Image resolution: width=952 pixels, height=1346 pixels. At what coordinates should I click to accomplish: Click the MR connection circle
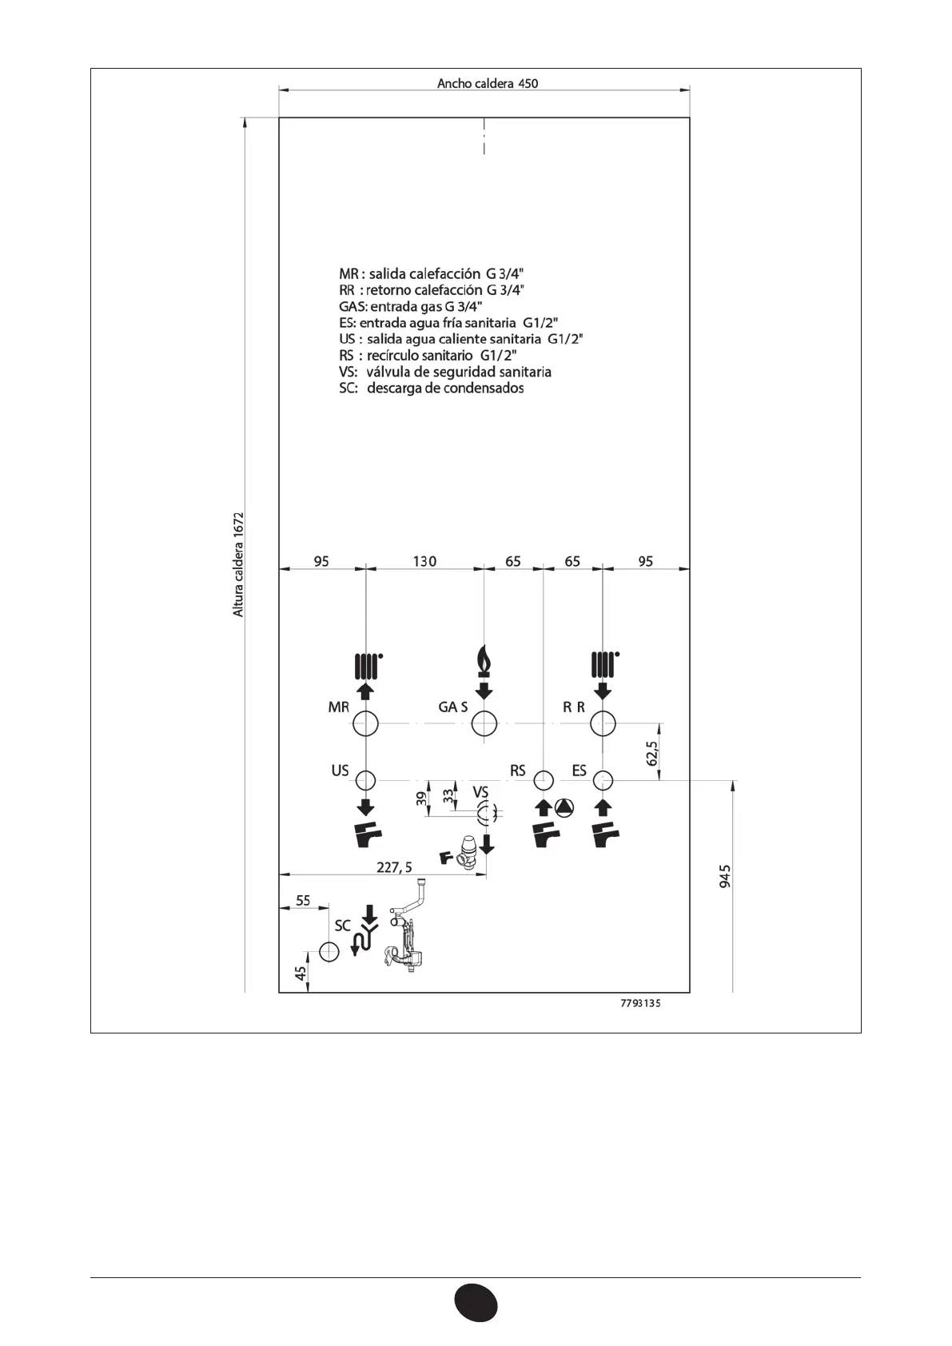click(366, 724)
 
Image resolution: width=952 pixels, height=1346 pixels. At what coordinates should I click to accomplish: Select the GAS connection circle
click(484, 724)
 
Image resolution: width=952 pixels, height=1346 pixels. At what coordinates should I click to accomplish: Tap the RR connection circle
click(603, 724)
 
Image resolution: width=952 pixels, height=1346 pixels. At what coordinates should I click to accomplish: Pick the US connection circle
click(366, 779)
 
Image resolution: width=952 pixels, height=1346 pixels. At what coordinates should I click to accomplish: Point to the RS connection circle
click(544, 779)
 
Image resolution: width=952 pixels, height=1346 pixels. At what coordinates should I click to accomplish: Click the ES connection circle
click(603, 779)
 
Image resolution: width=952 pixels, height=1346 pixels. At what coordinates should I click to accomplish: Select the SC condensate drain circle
click(329, 951)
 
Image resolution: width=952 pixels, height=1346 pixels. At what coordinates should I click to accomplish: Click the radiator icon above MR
click(366, 664)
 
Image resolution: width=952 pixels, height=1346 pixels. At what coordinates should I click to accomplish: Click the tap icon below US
click(368, 836)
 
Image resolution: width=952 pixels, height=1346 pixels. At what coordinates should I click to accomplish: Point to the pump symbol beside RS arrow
click(565, 808)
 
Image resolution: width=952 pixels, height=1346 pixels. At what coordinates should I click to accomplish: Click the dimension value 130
click(424, 561)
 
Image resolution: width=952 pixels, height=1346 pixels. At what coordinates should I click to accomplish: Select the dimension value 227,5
click(395, 867)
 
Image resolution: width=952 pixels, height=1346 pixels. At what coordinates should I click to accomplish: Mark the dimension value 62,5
click(652, 754)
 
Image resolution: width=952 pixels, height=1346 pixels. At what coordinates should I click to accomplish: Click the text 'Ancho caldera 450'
click(488, 83)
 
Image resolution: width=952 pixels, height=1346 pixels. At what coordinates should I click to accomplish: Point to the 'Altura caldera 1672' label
click(238, 564)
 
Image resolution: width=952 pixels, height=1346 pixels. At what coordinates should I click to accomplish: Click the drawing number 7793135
click(640, 1005)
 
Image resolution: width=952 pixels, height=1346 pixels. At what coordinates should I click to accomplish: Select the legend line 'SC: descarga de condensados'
click(432, 388)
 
